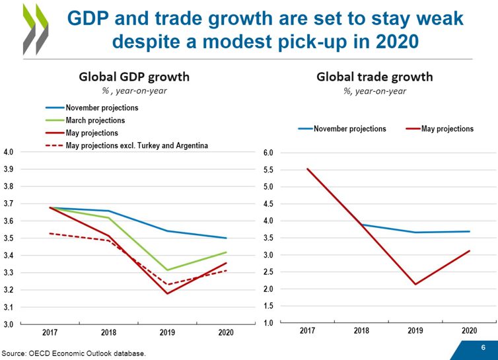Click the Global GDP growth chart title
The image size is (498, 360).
point(134,77)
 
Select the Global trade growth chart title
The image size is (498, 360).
point(374,77)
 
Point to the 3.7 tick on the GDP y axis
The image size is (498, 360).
point(10,203)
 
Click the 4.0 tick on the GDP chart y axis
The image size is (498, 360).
point(10,152)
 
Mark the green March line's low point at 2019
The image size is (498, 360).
point(167,270)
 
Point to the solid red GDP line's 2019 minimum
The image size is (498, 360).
point(167,293)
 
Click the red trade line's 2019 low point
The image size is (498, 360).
point(415,284)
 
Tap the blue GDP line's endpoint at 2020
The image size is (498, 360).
point(227,238)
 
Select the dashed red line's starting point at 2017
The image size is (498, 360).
point(50,233)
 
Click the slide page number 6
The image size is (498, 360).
point(483,348)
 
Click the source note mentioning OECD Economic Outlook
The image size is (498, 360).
point(74,353)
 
